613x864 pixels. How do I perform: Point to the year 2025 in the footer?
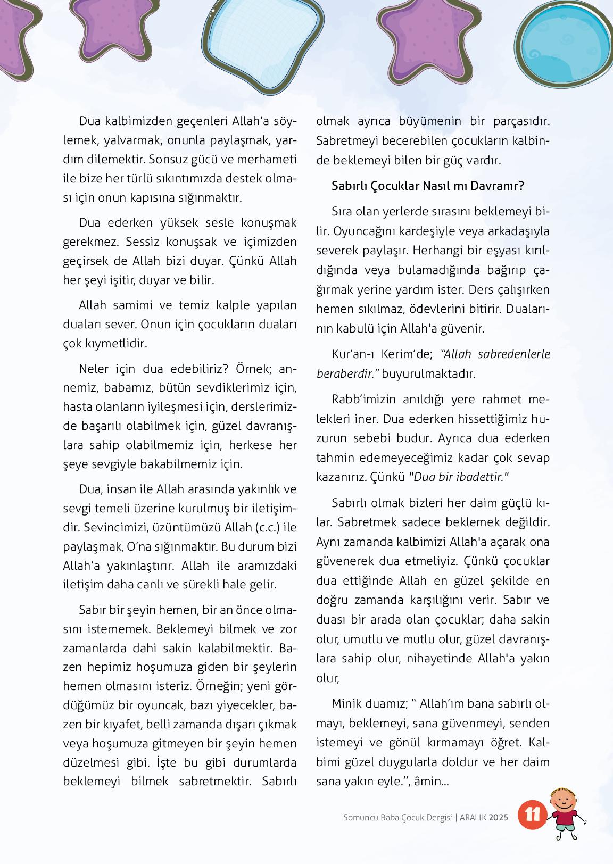pos(499,817)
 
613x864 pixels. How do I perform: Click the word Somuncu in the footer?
pos(360,817)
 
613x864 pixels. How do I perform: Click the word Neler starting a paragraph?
pos(95,369)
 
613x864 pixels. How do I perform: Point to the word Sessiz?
pos(143,242)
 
